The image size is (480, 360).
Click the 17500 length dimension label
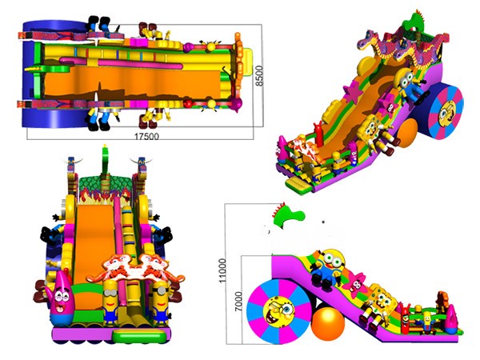147,136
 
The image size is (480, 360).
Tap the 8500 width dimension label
259,76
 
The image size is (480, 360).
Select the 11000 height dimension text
222,271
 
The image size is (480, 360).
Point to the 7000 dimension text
238,302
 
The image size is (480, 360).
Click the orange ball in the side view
328,324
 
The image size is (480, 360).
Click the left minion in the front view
110,302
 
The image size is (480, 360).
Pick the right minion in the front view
161,302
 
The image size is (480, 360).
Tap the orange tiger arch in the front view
134,270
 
